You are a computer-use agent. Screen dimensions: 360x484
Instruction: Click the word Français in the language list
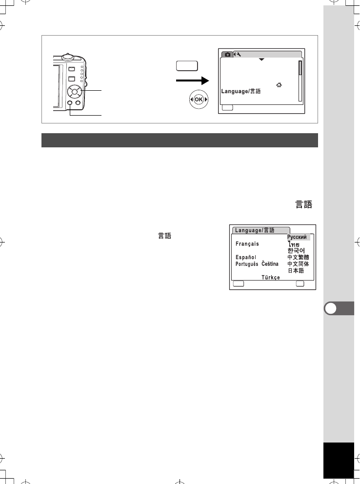click(247, 244)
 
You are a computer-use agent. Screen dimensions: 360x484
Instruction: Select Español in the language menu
click(246, 257)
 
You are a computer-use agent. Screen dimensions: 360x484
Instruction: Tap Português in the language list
click(247, 264)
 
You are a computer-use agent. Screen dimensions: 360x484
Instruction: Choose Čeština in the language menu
click(270, 263)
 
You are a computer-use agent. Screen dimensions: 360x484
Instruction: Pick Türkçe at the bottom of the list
click(271, 277)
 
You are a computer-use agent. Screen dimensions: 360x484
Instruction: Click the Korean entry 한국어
click(296, 250)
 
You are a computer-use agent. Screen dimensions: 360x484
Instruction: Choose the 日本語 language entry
click(296, 270)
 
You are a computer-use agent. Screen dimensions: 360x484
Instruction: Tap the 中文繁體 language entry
click(298, 257)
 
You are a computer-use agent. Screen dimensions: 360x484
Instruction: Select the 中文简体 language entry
click(298, 264)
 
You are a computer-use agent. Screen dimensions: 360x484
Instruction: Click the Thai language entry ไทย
click(294, 244)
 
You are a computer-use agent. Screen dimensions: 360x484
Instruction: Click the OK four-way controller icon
click(199, 100)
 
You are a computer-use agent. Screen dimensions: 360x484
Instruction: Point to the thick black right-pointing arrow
click(193, 81)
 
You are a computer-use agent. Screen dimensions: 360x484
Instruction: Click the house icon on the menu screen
click(279, 85)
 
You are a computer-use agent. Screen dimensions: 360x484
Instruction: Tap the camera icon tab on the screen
click(227, 54)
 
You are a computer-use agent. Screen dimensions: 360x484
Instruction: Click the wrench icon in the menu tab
click(239, 54)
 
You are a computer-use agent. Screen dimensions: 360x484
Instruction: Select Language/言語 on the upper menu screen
click(241, 91)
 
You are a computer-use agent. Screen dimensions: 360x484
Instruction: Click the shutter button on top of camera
click(67, 57)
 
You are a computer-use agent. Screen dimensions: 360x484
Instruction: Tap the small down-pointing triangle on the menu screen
click(261, 59)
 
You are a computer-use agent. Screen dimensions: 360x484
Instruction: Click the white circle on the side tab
click(330, 308)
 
